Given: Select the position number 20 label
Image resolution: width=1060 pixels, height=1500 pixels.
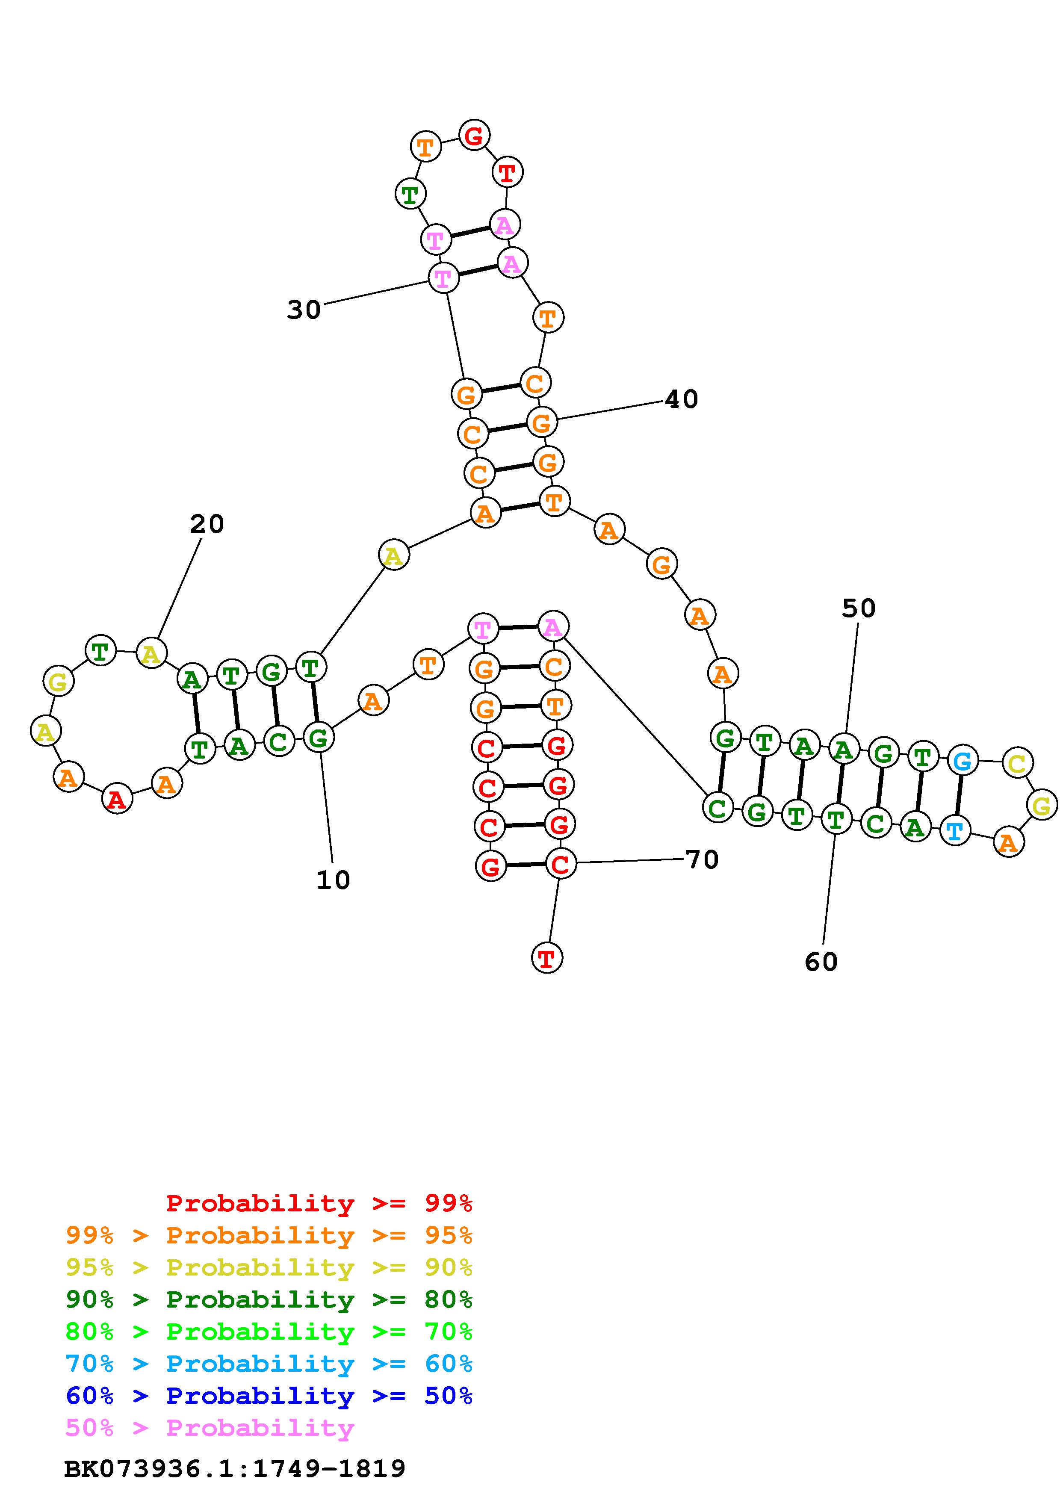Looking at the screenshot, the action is (207, 523).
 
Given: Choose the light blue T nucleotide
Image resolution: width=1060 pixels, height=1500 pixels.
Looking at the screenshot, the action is (954, 832).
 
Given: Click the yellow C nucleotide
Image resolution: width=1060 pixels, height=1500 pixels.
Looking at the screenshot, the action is (1017, 762).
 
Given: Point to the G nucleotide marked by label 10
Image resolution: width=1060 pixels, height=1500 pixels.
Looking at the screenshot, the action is (318, 738).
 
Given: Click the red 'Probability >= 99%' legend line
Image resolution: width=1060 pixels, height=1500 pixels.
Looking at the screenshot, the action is (319, 1203).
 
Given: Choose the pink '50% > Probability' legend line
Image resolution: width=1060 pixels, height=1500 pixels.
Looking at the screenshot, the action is (210, 1427).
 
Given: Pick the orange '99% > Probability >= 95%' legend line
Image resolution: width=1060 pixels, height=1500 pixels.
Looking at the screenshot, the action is (269, 1235).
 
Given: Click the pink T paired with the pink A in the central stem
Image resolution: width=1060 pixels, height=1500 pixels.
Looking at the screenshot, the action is (483, 629).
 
